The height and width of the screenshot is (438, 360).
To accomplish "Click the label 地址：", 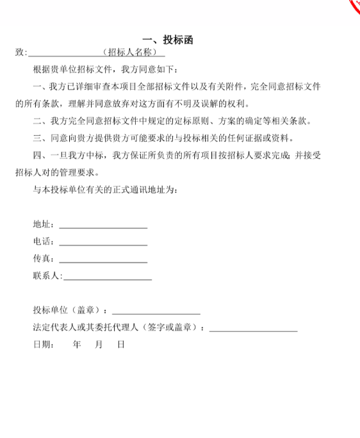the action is (x=45, y=225).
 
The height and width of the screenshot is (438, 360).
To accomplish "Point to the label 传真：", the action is (x=45, y=260).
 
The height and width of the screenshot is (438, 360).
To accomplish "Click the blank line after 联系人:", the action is (x=107, y=277).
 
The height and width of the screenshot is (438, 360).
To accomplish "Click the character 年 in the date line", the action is (x=77, y=344).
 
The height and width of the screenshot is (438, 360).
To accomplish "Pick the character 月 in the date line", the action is (x=99, y=344).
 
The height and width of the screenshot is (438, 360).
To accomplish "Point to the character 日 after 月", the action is (x=120, y=344).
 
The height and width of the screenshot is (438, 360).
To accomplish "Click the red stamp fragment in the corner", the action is (x=354, y=6).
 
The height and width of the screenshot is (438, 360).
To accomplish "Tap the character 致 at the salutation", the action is (x=20, y=52).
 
